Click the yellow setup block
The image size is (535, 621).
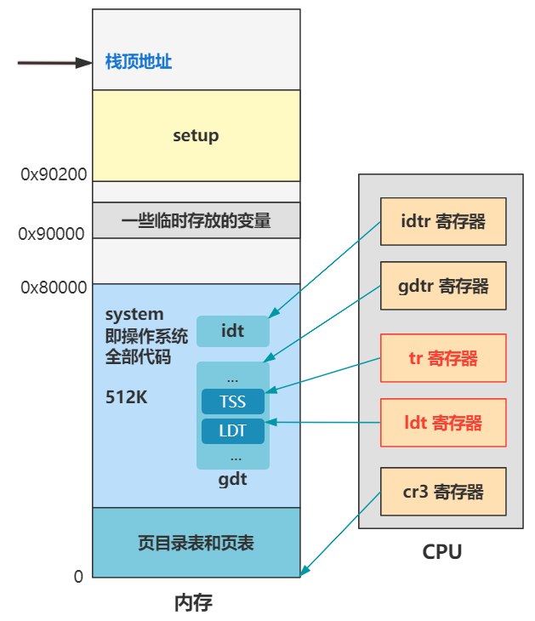pos(196,135)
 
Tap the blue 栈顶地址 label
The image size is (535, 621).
pos(139,62)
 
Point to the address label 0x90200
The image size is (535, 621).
pos(54,174)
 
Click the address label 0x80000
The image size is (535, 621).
pos(54,288)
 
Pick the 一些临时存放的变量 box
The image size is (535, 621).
pos(196,220)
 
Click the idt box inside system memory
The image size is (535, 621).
pos(233,331)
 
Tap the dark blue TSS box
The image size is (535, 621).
pos(233,402)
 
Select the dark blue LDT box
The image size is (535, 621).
pos(233,430)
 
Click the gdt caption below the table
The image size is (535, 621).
pos(232,479)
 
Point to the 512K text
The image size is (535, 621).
pos(127,396)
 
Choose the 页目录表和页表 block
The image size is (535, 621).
pos(196,542)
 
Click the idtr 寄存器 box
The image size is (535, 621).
pos(442,222)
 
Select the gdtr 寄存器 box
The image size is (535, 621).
pos(442,286)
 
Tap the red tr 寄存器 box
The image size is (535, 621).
pos(442,358)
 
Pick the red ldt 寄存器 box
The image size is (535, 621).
pos(442,422)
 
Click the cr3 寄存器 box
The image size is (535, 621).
pos(442,491)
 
